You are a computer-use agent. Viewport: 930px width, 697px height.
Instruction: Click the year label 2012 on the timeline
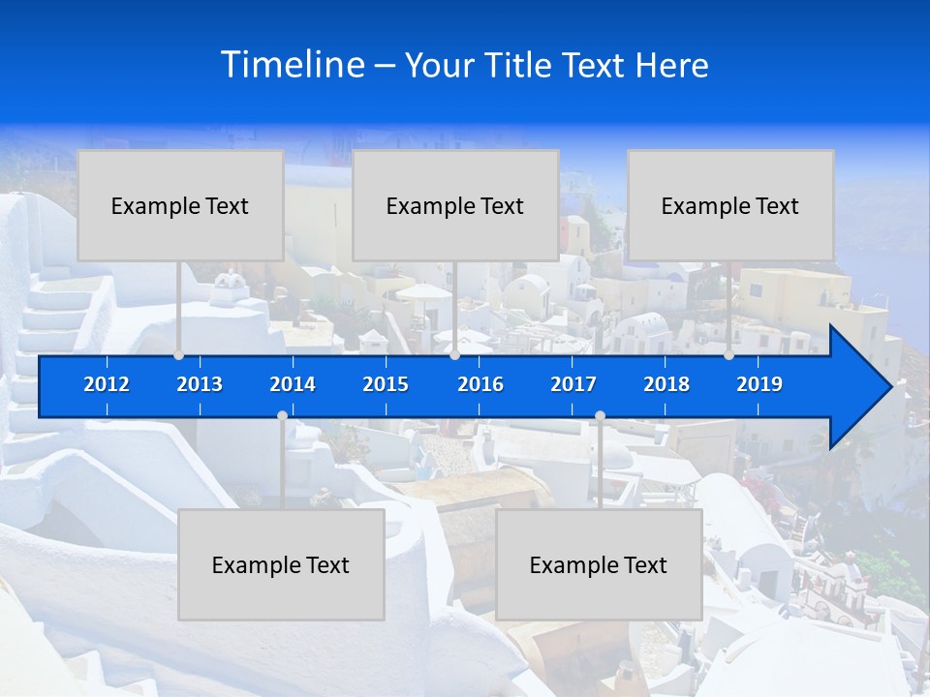tap(107, 384)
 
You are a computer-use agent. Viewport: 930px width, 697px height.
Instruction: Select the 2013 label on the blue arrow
tap(200, 384)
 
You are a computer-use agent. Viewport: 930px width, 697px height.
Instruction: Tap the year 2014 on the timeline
tap(293, 384)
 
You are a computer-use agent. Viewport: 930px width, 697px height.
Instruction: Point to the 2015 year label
tap(386, 384)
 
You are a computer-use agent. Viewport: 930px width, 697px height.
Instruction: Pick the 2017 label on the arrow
tap(573, 384)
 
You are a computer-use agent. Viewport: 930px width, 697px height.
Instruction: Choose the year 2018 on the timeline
tap(666, 384)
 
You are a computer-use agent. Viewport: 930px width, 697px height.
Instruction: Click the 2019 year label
tap(759, 384)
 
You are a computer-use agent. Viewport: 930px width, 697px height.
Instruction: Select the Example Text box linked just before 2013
tap(180, 205)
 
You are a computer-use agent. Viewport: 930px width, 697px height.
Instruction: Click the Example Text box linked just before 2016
tap(455, 205)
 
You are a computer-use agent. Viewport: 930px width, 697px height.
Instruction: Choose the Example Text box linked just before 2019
tap(730, 205)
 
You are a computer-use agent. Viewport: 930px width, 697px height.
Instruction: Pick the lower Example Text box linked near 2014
tap(281, 564)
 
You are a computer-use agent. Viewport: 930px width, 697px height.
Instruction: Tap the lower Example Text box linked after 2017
tap(599, 564)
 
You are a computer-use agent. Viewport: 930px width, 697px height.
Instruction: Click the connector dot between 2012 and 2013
tap(179, 355)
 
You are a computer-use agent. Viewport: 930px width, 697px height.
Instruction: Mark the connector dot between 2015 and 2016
tap(454, 355)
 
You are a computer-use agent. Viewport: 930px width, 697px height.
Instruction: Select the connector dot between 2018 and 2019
tap(729, 355)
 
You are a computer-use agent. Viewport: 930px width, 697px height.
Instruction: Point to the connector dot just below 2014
tap(282, 416)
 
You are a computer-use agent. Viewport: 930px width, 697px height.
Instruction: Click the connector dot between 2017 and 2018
tap(600, 416)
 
